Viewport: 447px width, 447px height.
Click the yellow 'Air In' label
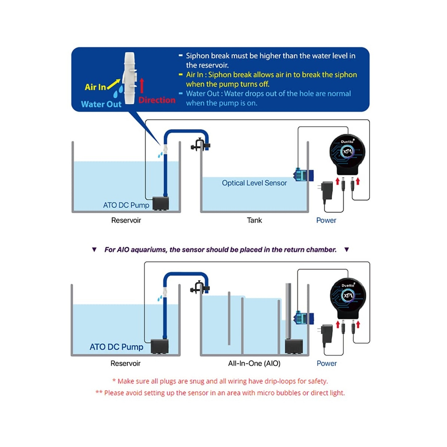(x=95, y=87)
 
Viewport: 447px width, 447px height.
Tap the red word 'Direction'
(x=157, y=100)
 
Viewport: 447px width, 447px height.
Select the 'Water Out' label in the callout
(x=101, y=104)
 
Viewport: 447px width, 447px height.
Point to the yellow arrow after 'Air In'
(x=113, y=84)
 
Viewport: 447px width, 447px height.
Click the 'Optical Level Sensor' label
(x=254, y=183)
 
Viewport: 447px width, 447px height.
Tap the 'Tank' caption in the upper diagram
(x=254, y=220)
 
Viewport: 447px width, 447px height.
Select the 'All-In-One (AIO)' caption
(x=254, y=363)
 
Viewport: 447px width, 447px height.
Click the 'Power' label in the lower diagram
(x=327, y=363)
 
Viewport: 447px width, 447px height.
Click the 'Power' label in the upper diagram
(x=326, y=220)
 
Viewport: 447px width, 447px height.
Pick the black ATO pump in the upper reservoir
(x=161, y=203)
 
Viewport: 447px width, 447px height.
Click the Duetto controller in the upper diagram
(x=347, y=155)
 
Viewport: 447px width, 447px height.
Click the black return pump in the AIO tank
(x=294, y=346)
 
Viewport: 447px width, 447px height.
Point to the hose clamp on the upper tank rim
(x=200, y=145)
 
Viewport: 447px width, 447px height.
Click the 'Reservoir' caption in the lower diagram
(x=125, y=363)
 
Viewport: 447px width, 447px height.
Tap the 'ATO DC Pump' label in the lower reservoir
(x=116, y=347)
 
